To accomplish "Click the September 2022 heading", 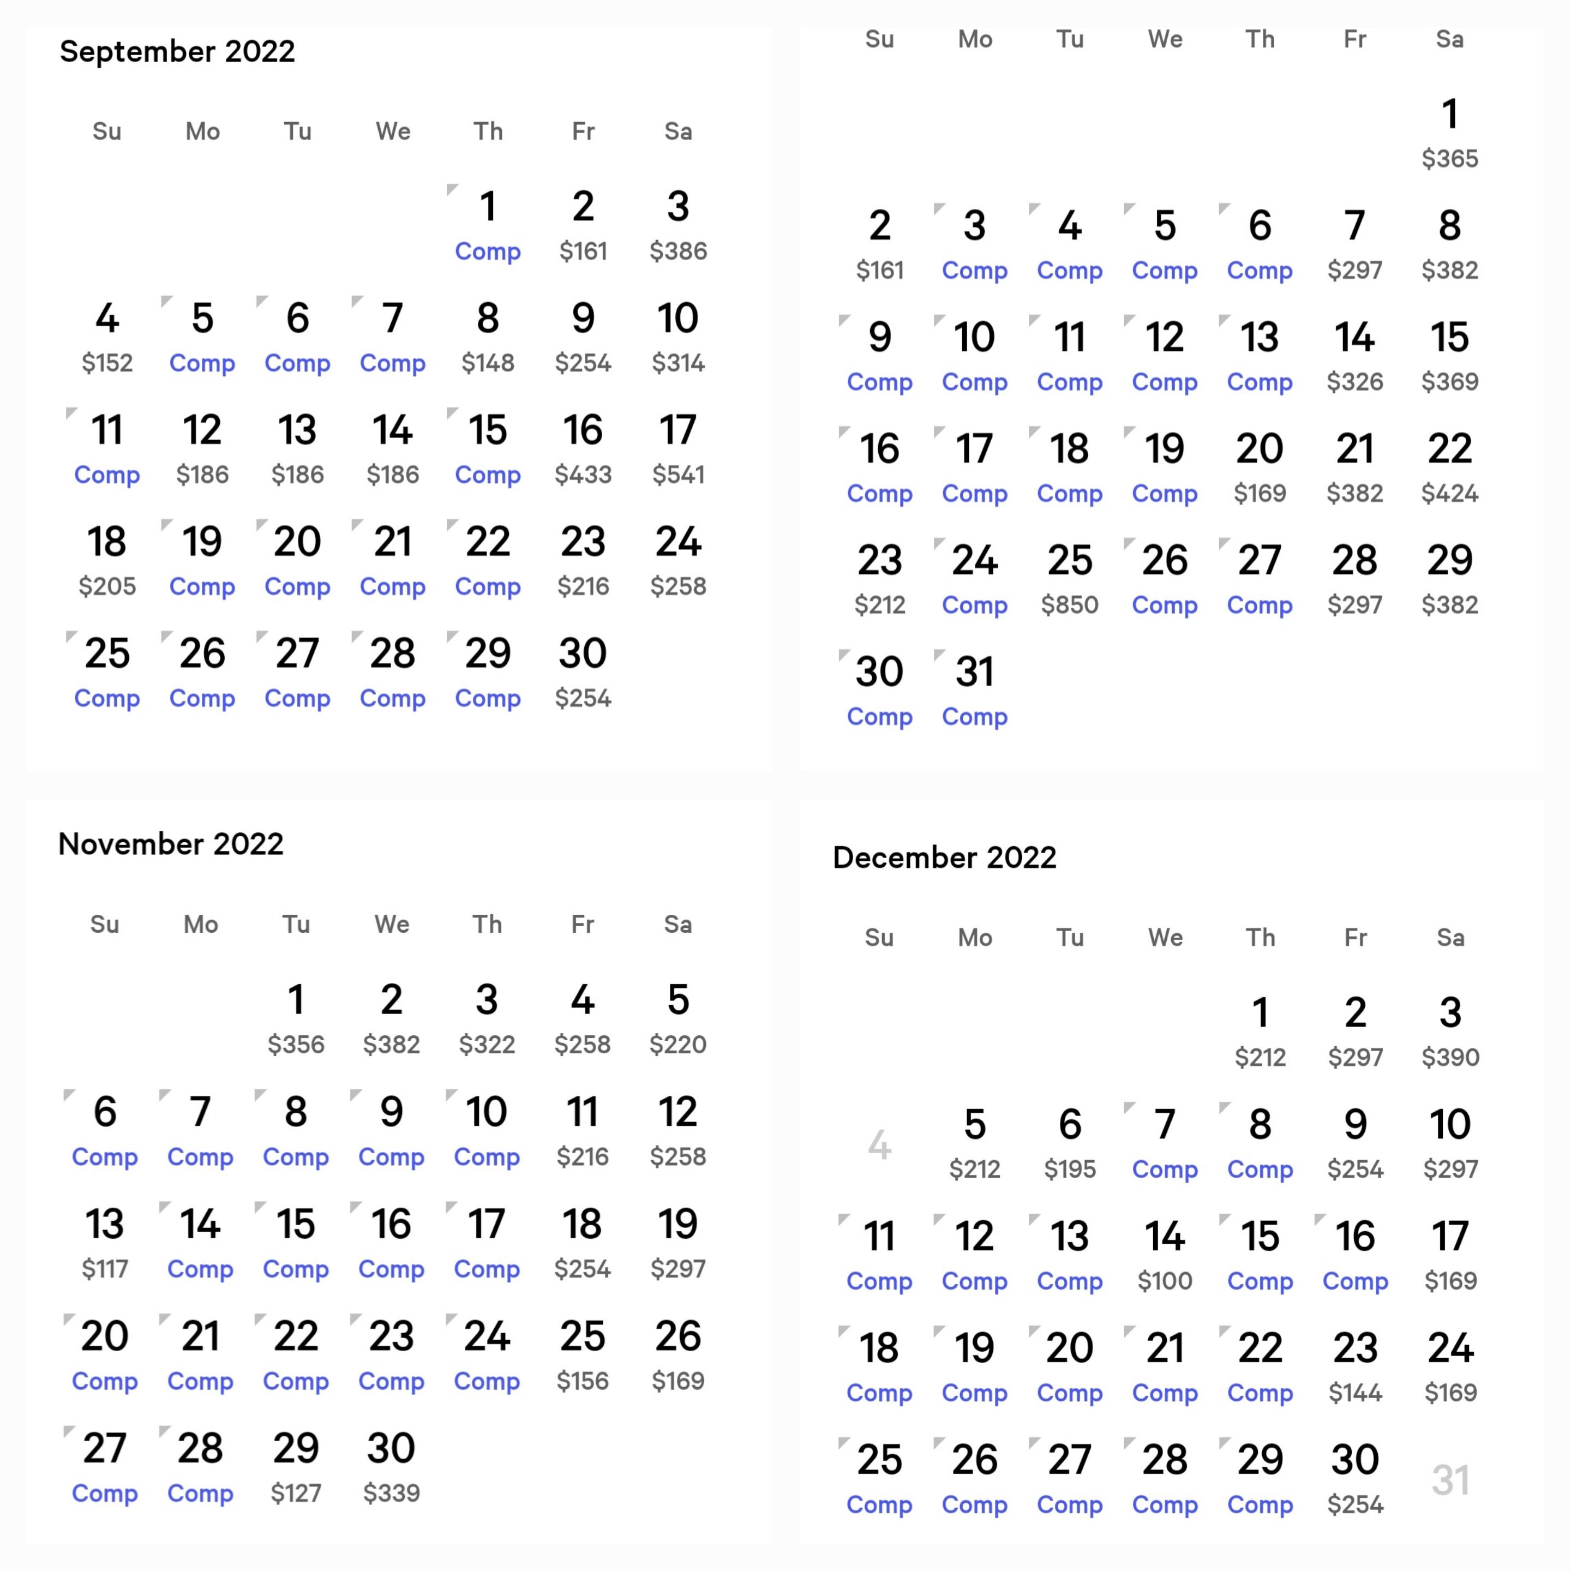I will pyautogui.click(x=177, y=51).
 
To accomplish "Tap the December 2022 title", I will pyautogui.click(x=944, y=857).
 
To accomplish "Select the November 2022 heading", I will pyautogui.click(x=171, y=843).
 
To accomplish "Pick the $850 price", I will pyautogui.click(x=1069, y=604).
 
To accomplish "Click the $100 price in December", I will pyautogui.click(x=1165, y=1281).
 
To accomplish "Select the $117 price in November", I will pyautogui.click(x=105, y=1268).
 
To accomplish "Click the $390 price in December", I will pyautogui.click(x=1450, y=1057).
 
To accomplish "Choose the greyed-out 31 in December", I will pyautogui.click(x=1450, y=1480).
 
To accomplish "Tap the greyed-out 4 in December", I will pyautogui.click(x=879, y=1145).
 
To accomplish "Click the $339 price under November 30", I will pyautogui.click(x=391, y=1493).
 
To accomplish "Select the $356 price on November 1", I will pyautogui.click(x=296, y=1044).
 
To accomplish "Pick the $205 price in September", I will pyautogui.click(x=107, y=586).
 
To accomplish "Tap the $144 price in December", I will pyautogui.click(x=1354, y=1393).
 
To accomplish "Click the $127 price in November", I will pyautogui.click(x=296, y=1493).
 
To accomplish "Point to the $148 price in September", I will pyautogui.click(x=488, y=363).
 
